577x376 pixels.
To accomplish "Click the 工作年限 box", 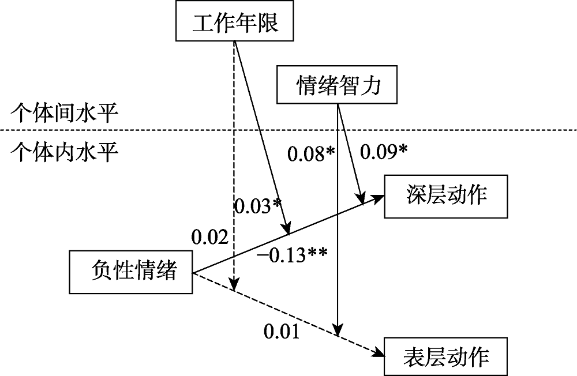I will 235,24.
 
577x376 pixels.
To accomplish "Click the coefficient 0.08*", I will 311,154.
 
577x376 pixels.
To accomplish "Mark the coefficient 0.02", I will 208,235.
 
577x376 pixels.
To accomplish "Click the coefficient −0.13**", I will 293,254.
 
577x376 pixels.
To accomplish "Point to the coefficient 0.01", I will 282,332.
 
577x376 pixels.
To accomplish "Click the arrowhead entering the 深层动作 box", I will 379,197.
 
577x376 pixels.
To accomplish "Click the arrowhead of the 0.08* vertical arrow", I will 336,329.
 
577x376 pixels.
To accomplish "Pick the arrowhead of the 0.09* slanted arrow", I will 362,198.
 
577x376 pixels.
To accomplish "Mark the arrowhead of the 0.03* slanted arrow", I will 286,229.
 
